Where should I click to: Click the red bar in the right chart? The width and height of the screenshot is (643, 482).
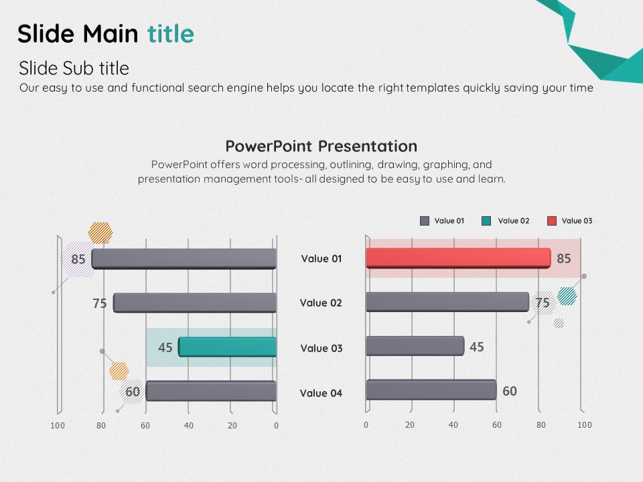pyautogui.click(x=458, y=258)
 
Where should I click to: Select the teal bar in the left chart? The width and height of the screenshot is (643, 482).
pyautogui.click(x=227, y=347)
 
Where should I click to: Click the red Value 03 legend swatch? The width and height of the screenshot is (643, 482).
pyautogui.click(x=552, y=221)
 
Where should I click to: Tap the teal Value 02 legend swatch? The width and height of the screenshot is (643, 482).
pyautogui.click(x=486, y=221)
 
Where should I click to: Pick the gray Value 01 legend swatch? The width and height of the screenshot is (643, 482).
pyautogui.click(x=425, y=221)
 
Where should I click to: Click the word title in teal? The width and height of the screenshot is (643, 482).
pyautogui.click(x=171, y=33)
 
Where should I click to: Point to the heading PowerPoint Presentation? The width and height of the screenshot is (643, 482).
pyautogui.click(x=321, y=147)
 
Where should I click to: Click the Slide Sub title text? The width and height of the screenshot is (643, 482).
pyautogui.click(x=74, y=68)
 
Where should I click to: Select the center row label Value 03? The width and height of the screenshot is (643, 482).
pyautogui.click(x=321, y=348)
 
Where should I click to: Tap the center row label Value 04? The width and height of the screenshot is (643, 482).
pyautogui.click(x=321, y=394)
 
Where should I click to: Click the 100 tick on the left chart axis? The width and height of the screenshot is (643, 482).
pyautogui.click(x=58, y=426)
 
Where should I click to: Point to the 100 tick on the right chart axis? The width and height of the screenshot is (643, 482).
pyautogui.click(x=585, y=425)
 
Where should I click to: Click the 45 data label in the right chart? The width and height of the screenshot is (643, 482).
pyautogui.click(x=476, y=347)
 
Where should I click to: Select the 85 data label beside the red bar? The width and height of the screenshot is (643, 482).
pyautogui.click(x=564, y=258)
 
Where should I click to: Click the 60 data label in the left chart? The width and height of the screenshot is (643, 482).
pyautogui.click(x=133, y=392)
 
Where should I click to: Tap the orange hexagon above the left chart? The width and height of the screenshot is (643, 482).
pyautogui.click(x=100, y=233)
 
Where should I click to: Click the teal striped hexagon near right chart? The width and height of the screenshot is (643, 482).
pyautogui.click(x=567, y=296)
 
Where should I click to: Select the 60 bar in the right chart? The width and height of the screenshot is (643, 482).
pyautogui.click(x=431, y=390)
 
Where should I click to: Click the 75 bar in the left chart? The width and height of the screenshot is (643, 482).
pyautogui.click(x=195, y=303)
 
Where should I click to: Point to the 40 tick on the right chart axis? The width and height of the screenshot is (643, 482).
pyautogui.click(x=453, y=425)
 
